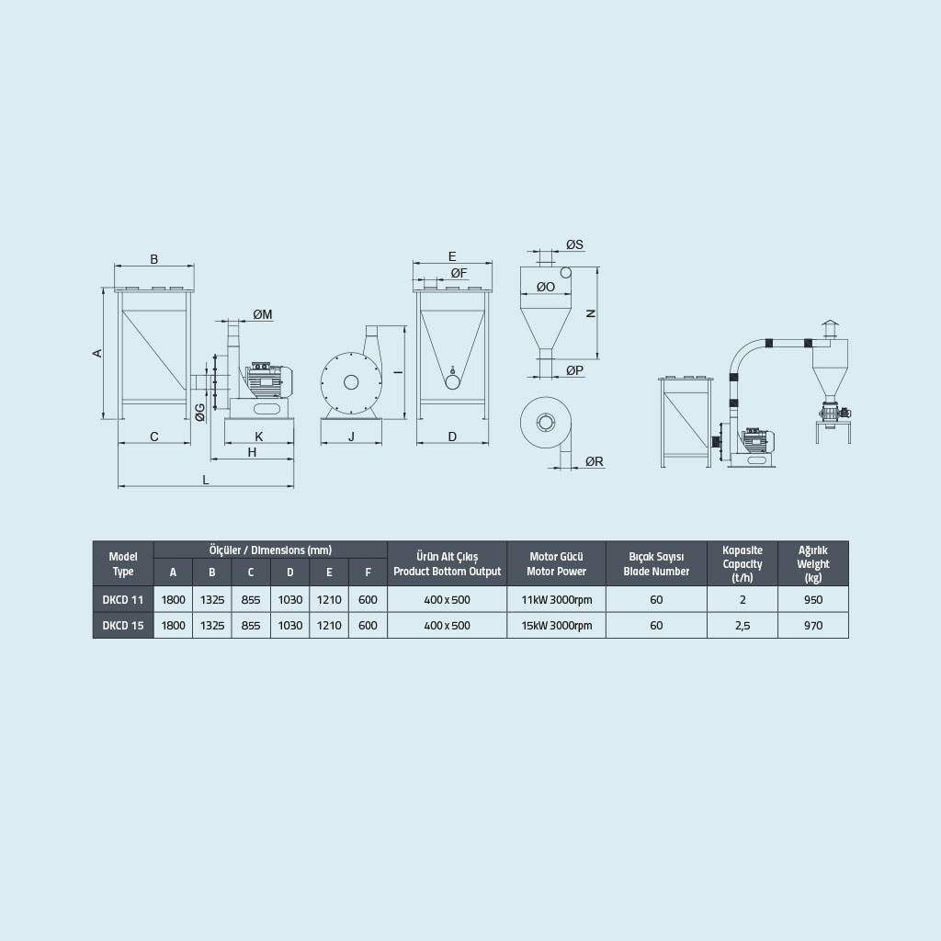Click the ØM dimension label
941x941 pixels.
(x=262, y=314)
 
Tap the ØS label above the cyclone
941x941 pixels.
(x=574, y=244)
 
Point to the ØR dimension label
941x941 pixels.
(x=595, y=461)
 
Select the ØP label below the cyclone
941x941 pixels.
(x=574, y=371)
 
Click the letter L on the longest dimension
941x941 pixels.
(x=206, y=480)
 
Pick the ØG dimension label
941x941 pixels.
(x=199, y=413)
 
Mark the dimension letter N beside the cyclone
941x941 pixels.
(x=591, y=313)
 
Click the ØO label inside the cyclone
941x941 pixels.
(x=546, y=287)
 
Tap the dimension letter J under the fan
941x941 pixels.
(x=351, y=436)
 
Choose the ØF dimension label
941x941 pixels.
(x=459, y=274)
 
